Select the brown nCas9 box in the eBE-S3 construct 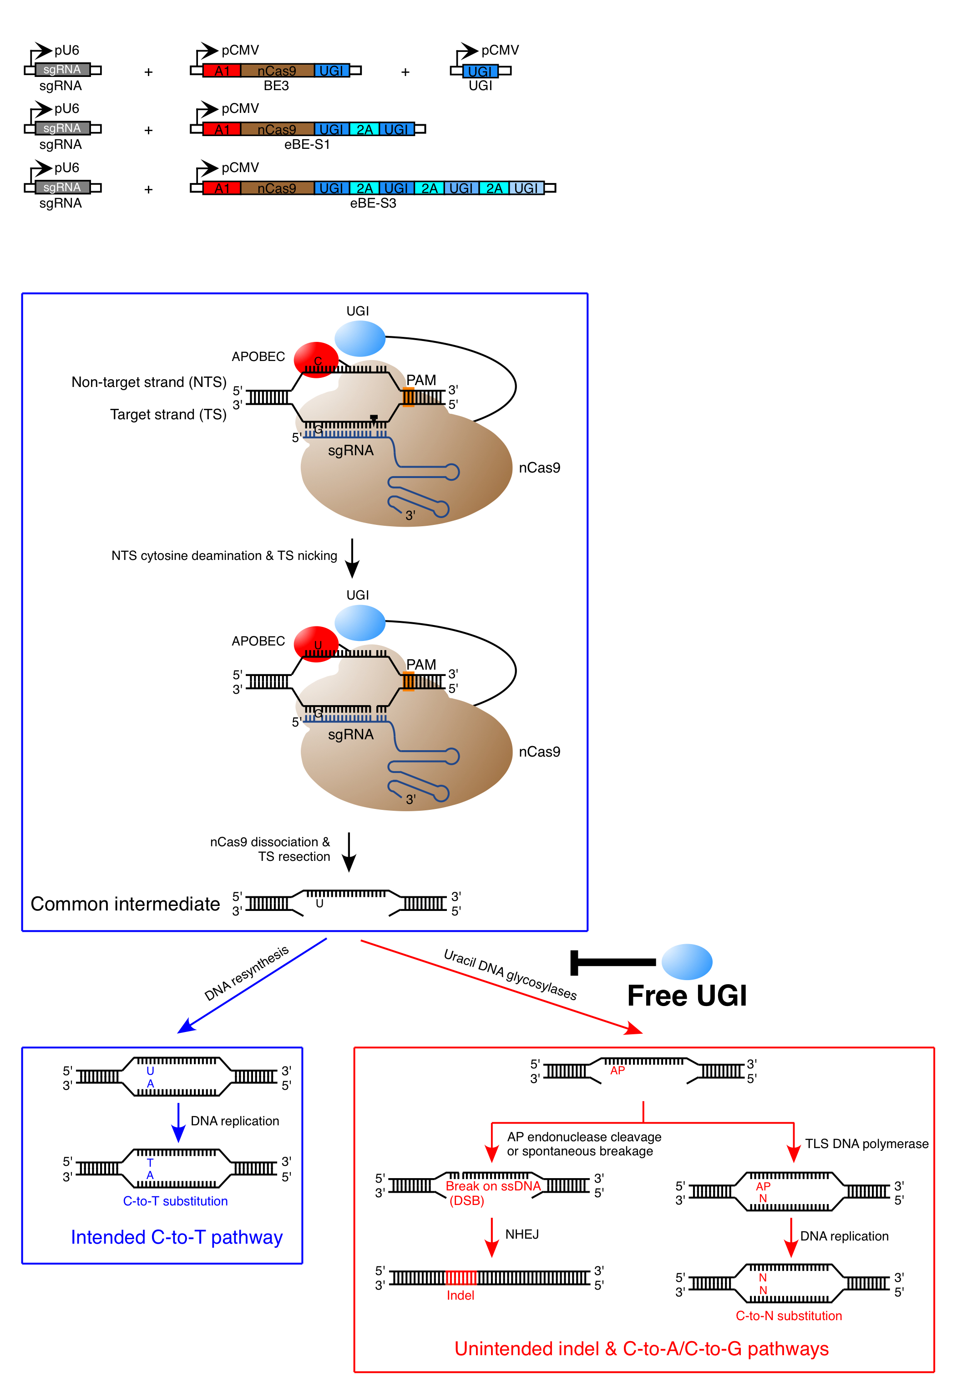[277, 188]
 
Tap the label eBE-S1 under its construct [307, 144]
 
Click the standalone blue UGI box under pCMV [480, 71]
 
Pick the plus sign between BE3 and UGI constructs [405, 72]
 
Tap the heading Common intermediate [125, 904]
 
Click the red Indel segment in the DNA [461, 1278]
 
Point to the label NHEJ [522, 1235]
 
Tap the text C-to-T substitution [175, 1201]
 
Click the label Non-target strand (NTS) [148, 382]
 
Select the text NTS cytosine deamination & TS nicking [224, 556]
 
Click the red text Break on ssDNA [493, 1186]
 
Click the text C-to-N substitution [788, 1316]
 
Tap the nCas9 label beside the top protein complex [539, 468]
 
